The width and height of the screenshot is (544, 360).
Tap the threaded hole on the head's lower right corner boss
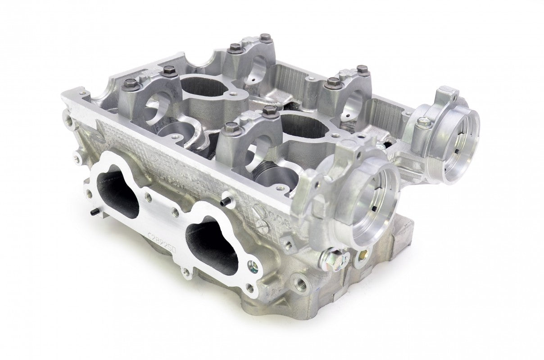(299, 283)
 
